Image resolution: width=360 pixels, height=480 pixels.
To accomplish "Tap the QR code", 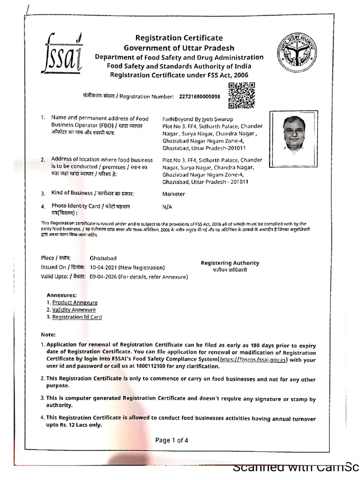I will click(x=241, y=95).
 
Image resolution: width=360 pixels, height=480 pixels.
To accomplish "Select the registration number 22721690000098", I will click(x=200, y=97).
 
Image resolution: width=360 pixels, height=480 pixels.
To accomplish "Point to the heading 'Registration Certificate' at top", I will click(x=179, y=38).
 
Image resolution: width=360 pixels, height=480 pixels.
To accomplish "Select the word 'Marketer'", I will click(x=173, y=194).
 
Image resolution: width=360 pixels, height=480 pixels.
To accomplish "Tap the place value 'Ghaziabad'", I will click(x=103, y=258).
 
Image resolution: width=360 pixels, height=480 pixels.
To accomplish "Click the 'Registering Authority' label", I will click(x=230, y=263).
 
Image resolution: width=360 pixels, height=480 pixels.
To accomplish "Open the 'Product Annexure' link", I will click(x=75, y=303).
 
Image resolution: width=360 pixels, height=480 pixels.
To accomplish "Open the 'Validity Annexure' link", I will click(x=74, y=310).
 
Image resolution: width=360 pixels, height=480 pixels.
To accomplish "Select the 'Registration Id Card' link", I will click(x=77, y=317).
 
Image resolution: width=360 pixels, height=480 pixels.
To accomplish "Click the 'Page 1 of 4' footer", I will click(x=172, y=440).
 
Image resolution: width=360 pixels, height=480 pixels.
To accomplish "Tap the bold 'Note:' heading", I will click(x=48, y=335).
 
